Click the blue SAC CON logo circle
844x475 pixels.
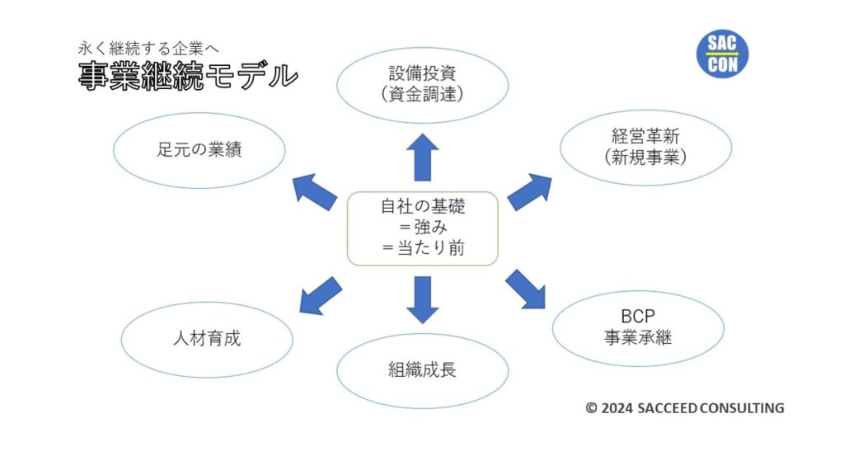(722, 54)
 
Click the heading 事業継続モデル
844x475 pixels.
(188, 76)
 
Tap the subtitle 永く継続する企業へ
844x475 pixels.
(148, 49)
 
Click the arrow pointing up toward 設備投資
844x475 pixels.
(423, 158)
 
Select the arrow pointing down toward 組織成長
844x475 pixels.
(423, 300)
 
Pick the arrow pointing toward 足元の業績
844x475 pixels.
(314, 191)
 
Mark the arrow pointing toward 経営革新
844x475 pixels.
(530, 191)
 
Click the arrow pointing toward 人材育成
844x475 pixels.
(321, 296)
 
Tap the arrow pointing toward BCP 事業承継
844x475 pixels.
(525, 289)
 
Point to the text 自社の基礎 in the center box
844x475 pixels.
(423, 206)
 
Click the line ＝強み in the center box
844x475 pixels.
(423, 228)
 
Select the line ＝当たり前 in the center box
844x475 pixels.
(423, 247)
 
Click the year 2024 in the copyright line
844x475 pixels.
(617, 408)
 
